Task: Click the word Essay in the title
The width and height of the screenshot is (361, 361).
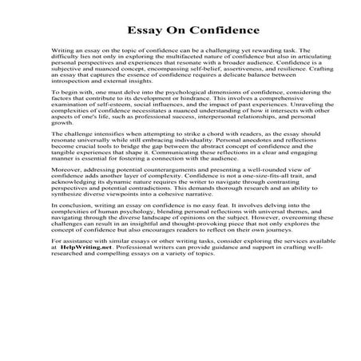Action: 145,32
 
